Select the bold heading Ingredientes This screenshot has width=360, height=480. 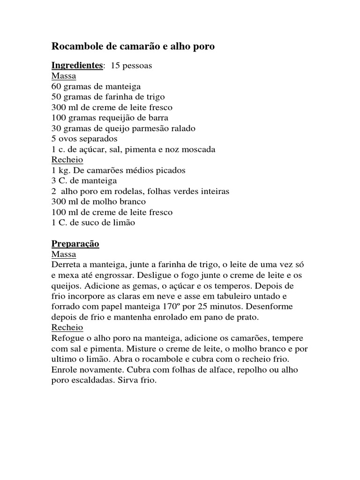point(76,66)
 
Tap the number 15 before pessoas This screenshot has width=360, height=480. point(115,66)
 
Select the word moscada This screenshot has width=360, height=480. point(199,149)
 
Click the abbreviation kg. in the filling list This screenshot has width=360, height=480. point(64,170)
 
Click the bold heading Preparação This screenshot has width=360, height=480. point(75,244)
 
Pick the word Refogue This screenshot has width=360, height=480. point(67,338)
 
